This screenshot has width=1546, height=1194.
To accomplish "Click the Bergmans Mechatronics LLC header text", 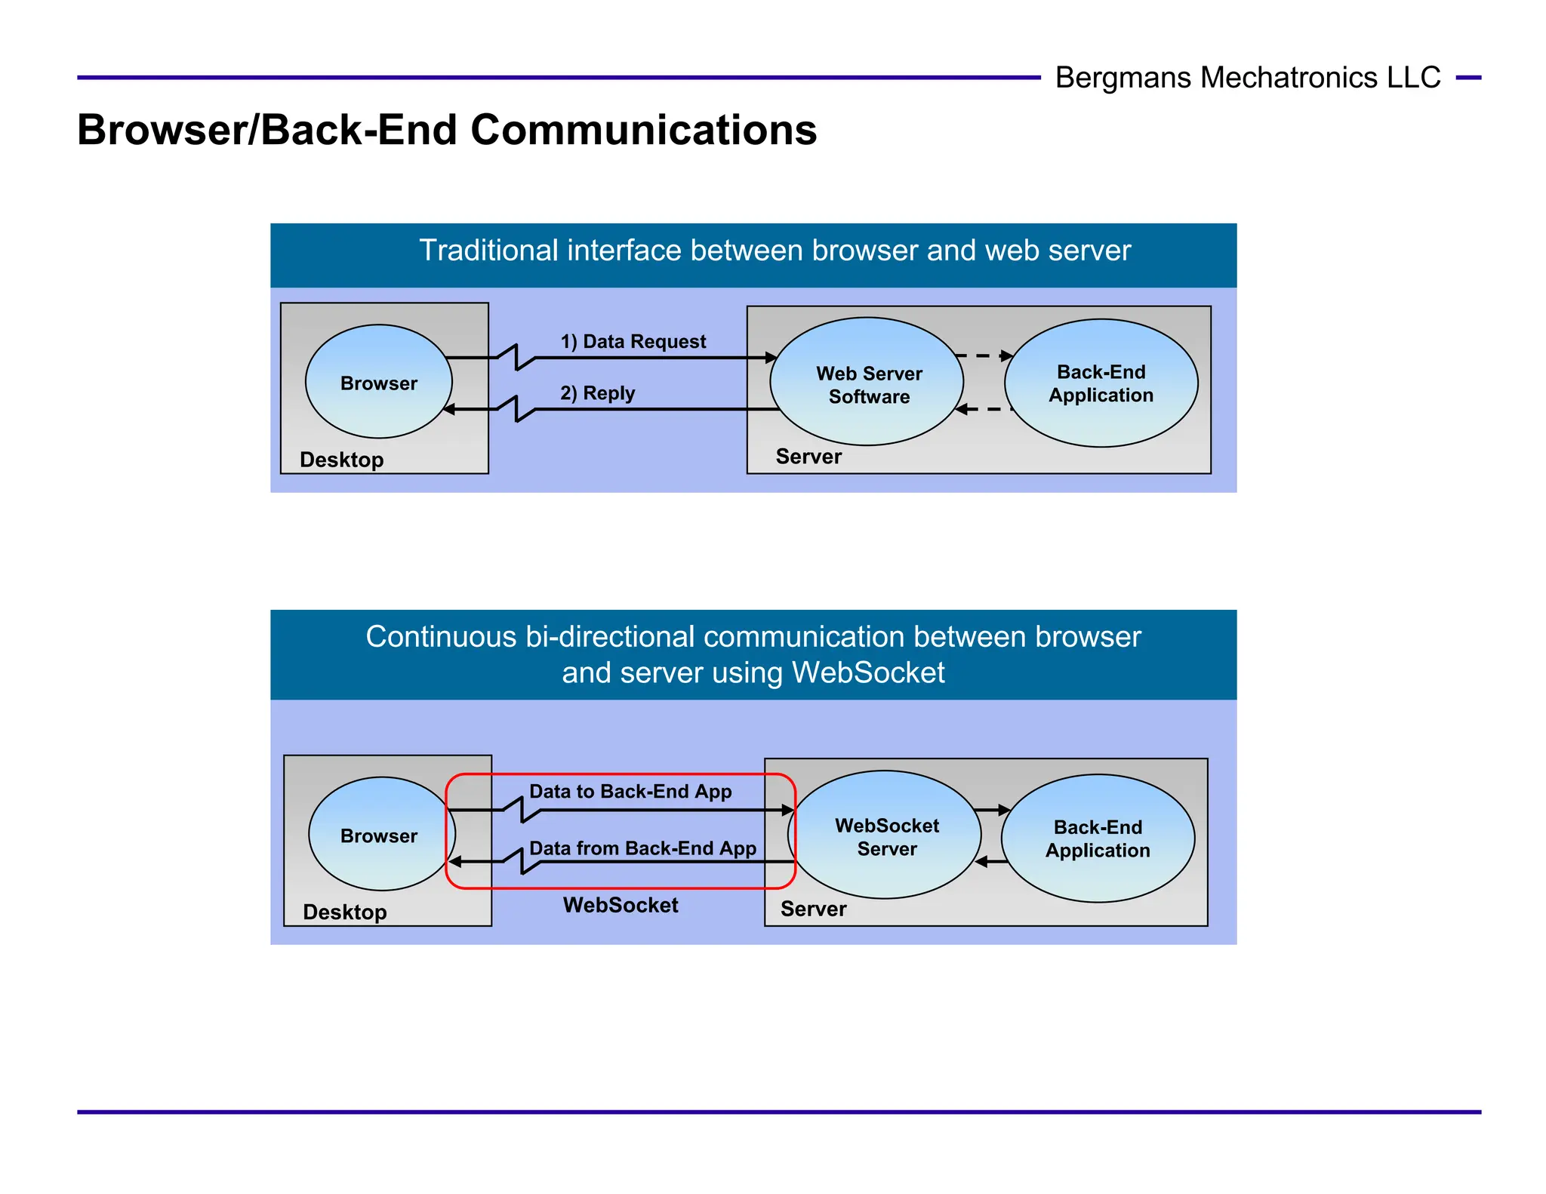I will pyautogui.click(x=1247, y=78).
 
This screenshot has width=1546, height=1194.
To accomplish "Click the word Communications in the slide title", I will pyautogui.click(x=643, y=130).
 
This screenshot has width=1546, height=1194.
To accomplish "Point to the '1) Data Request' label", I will pyautogui.click(x=633, y=342).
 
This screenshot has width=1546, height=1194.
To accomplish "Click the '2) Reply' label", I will pyautogui.click(x=597, y=393).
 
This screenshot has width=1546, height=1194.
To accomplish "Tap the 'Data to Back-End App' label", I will pyautogui.click(x=630, y=792).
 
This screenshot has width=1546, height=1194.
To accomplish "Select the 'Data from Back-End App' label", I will pyautogui.click(x=642, y=848).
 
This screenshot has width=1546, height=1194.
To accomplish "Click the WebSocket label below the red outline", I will pyautogui.click(x=621, y=905).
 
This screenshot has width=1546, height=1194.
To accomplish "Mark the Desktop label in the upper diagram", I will pyautogui.click(x=341, y=460).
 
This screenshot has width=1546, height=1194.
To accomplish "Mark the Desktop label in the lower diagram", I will pyautogui.click(x=344, y=912).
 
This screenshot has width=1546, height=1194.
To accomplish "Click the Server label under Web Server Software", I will pyautogui.click(x=808, y=457).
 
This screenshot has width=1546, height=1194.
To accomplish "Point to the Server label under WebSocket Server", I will pyautogui.click(x=813, y=909).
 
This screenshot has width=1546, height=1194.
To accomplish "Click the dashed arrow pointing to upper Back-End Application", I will pyautogui.click(x=984, y=355).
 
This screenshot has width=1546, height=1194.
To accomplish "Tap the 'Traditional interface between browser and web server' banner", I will pyautogui.click(x=775, y=251).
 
